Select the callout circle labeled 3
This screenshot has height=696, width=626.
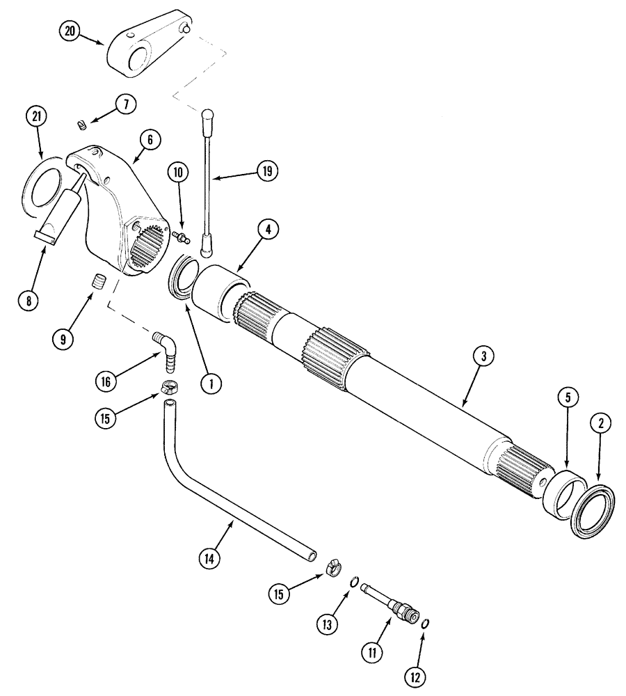483,356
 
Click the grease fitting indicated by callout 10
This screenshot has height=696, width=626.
182,239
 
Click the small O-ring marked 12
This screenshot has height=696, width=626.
425,624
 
